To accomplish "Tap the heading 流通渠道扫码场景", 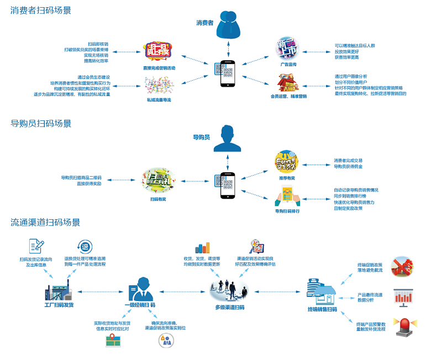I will (45, 223).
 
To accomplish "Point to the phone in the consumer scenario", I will (228, 72).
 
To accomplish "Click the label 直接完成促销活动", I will (159, 68).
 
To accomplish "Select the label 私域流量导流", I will (159, 100).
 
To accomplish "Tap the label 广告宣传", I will (288, 65).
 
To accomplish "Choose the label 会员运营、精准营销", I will (288, 96).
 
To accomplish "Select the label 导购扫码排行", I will (287, 211).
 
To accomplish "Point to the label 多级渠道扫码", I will (229, 307).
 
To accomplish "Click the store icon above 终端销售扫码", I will (322, 290).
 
